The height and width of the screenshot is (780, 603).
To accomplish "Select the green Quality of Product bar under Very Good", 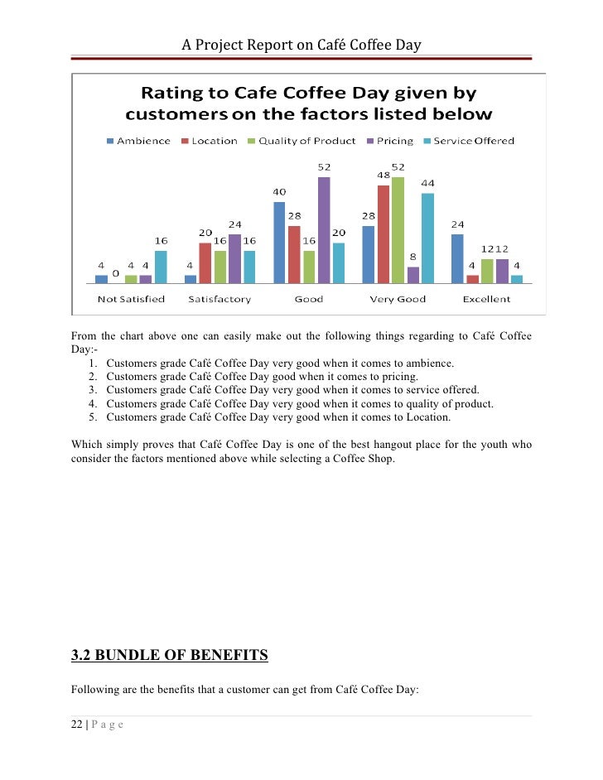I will click(398, 229).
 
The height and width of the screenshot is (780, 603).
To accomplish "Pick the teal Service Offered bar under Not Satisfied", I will click(161, 267).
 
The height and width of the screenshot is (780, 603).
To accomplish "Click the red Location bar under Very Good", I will click(384, 234).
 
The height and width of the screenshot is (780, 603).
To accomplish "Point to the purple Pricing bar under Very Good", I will click(413, 275).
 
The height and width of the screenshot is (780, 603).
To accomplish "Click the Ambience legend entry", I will click(138, 141).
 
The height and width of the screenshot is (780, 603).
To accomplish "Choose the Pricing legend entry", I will click(389, 141).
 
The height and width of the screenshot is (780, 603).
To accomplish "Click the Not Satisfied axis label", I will click(131, 299).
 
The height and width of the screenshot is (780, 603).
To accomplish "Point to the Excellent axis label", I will click(486, 299).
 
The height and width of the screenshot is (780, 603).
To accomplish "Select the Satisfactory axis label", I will click(219, 299).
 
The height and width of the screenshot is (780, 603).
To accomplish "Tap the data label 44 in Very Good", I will click(428, 184).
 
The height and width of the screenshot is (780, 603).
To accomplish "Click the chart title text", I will click(309, 104).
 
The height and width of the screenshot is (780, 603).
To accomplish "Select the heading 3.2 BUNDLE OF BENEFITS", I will click(170, 657).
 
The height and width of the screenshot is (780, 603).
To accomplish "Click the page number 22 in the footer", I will click(77, 725).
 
